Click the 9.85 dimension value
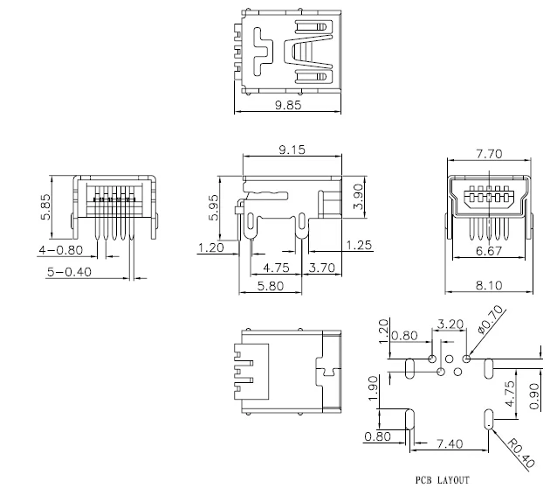coord(288,105)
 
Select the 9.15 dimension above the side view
coord(292,150)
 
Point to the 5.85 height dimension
coord(45,207)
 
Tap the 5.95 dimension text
coord(214,207)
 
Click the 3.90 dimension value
coord(359,197)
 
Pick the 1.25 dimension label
coord(359,245)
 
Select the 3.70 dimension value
coord(322,268)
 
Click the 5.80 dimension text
coord(271,286)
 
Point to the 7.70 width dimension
coord(489,154)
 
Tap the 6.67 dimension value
coord(489,251)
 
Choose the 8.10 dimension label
coord(489,285)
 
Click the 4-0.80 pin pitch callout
coord(61,250)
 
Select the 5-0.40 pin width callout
coord(69,272)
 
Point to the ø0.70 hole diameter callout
coord(492,319)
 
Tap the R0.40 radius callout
coord(520,453)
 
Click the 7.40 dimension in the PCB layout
coord(450,444)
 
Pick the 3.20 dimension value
coord(450,324)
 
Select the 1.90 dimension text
coord(373,388)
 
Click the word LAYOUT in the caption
coord(453,480)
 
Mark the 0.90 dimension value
coord(534,396)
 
